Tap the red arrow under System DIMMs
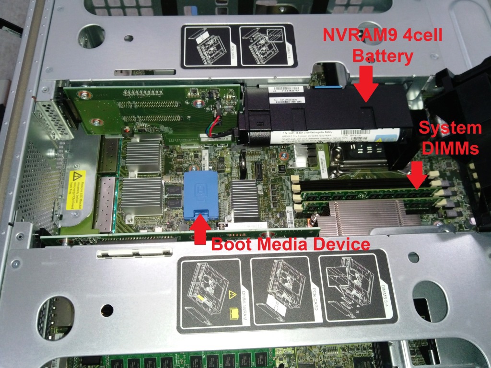pyautogui.click(x=418, y=173)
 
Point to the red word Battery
pyautogui.click(x=382, y=56)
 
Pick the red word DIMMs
pyautogui.click(x=450, y=149)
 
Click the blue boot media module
pyautogui.click(x=201, y=191)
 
